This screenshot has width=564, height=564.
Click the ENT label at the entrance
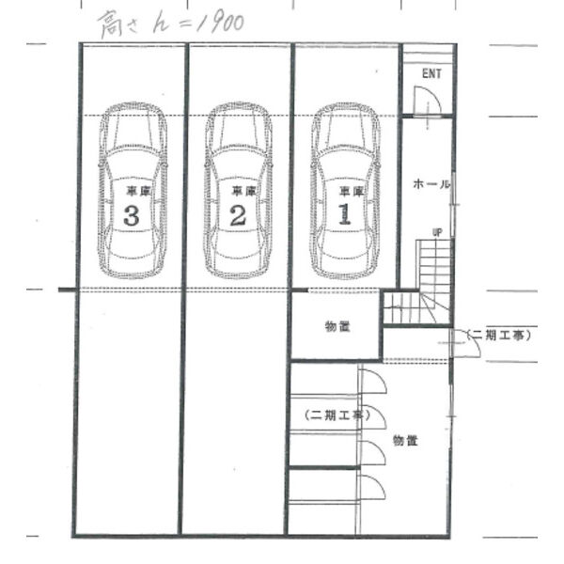coord(431,73)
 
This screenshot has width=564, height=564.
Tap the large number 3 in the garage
coord(132,215)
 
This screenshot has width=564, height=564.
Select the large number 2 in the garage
coord(238,215)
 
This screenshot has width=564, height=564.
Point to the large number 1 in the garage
coord(345,214)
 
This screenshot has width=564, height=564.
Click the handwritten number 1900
coord(221,23)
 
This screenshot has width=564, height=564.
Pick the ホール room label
coord(431,184)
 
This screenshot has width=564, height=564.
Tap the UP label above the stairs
coord(437,233)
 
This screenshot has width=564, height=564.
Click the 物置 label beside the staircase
coord(337,326)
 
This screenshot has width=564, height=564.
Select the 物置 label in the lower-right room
coord(405,440)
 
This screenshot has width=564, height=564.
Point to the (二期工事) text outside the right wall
coord(498,336)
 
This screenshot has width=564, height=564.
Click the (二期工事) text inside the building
coord(337,415)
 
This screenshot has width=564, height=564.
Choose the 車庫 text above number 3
coord(138,191)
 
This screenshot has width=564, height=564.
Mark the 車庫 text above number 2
coord(243,191)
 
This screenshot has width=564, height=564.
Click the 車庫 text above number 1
coord(352,192)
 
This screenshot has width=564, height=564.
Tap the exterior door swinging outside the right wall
coord(466,343)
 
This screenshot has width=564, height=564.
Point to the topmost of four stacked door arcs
coord(374,381)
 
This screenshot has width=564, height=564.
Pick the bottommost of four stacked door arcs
coord(373,487)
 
